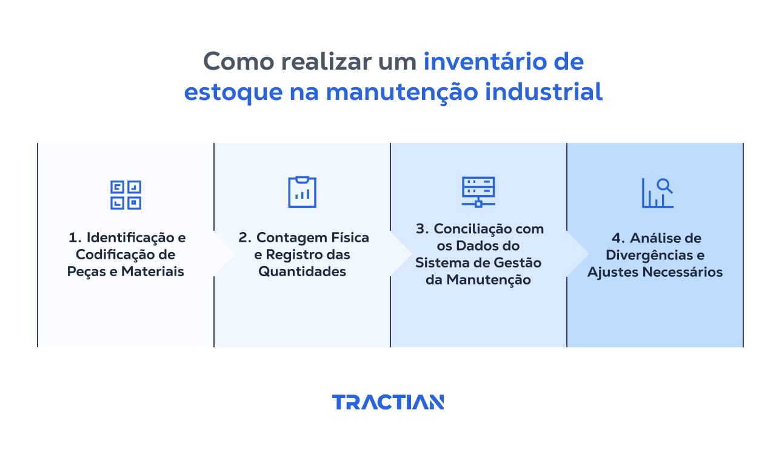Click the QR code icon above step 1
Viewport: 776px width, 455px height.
(125, 194)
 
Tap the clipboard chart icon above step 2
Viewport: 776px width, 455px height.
(302, 192)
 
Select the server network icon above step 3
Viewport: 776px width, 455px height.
(478, 191)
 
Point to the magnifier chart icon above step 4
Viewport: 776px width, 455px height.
(657, 193)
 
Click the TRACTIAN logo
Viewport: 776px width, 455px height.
(388, 402)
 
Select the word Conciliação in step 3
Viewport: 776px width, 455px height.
(475, 229)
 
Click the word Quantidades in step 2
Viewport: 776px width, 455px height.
(302, 271)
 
